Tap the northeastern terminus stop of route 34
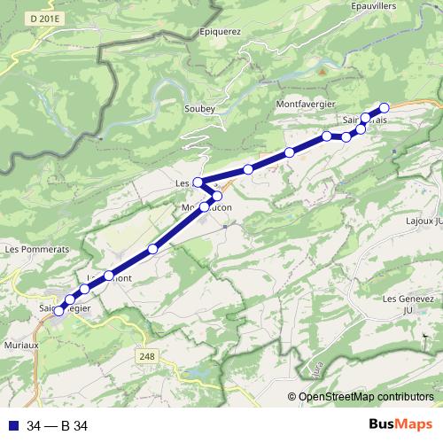point(384,107)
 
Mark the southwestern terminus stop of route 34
point(59,311)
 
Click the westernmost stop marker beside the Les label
point(198,183)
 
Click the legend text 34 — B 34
point(58,425)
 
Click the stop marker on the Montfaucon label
point(205,206)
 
